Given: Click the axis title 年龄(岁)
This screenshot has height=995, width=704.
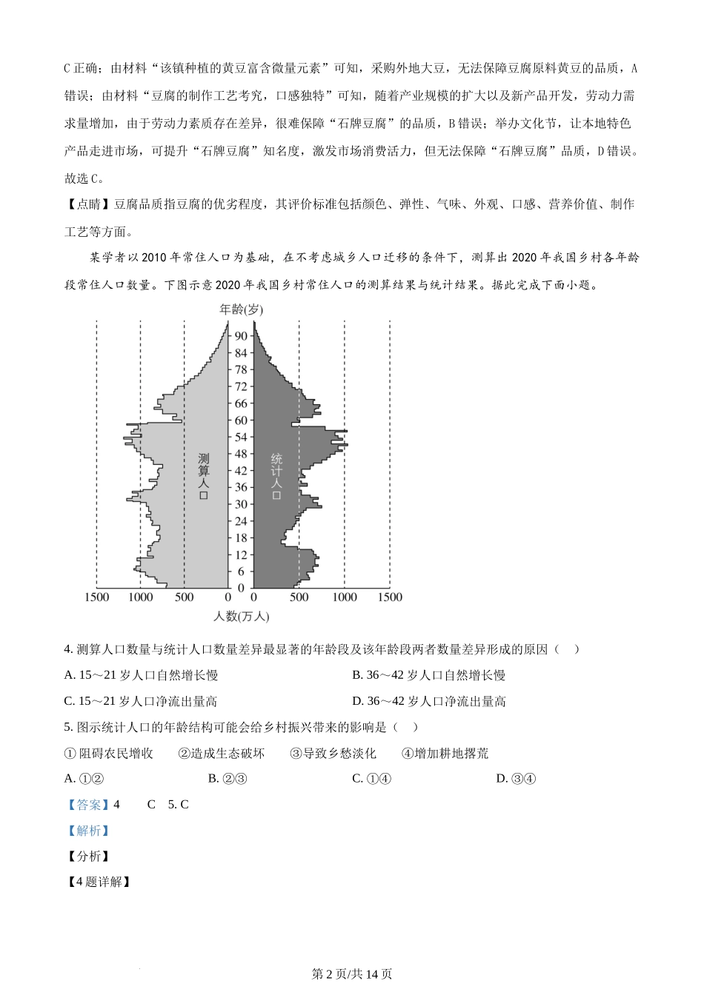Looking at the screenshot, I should (x=241, y=309).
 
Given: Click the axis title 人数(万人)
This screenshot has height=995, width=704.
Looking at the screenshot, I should (x=241, y=616).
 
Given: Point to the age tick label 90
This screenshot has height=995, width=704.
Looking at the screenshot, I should (x=241, y=336).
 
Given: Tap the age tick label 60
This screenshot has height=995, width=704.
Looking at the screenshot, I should (x=241, y=421).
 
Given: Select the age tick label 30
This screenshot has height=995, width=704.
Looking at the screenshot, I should (x=241, y=505).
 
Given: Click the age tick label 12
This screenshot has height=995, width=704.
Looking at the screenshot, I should (x=241, y=555).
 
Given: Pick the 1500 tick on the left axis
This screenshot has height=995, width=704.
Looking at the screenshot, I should (x=97, y=597).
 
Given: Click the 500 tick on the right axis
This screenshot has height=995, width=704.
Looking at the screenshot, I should (x=299, y=597).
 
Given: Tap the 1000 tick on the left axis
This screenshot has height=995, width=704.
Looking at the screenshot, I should (x=141, y=597).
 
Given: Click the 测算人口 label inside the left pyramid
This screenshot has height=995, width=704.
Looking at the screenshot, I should (x=204, y=476).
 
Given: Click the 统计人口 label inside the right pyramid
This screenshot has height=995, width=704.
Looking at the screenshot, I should (x=276, y=476).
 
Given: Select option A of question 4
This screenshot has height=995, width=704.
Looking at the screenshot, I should (x=141, y=675).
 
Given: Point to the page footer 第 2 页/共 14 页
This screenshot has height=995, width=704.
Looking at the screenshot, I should (x=352, y=974).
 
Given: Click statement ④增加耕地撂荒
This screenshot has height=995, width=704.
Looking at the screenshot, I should (x=445, y=754).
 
